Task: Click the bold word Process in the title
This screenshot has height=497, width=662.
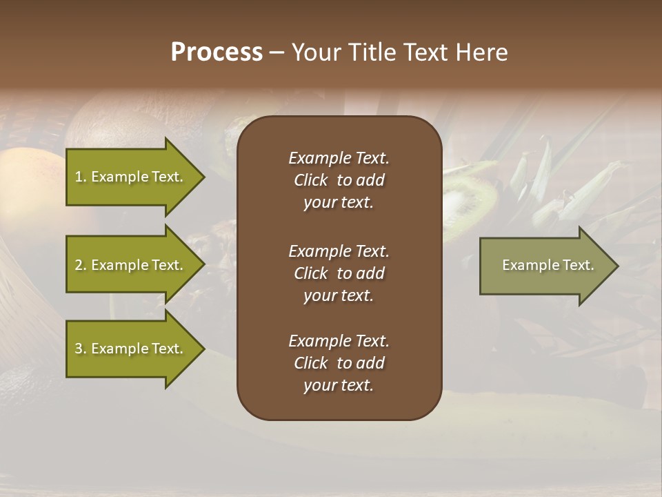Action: pyautogui.click(x=217, y=52)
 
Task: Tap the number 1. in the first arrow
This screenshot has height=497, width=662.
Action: pyautogui.click(x=80, y=177)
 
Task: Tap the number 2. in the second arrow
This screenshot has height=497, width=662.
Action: pyautogui.click(x=80, y=265)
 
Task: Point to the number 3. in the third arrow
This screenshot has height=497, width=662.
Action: pyautogui.click(x=80, y=349)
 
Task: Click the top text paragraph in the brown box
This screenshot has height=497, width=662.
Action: pyautogui.click(x=339, y=180)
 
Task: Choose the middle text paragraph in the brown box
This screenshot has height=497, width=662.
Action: pyautogui.click(x=339, y=273)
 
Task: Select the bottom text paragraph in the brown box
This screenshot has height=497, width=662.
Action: pyautogui.click(x=339, y=363)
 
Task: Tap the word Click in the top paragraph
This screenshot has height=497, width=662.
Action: pyautogui.click(x=310, y=180)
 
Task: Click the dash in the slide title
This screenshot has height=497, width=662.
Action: pyautogui.click(x=277, y=52)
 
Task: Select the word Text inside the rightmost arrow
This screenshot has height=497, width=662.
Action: pyautogui.click(x=578, y=265)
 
